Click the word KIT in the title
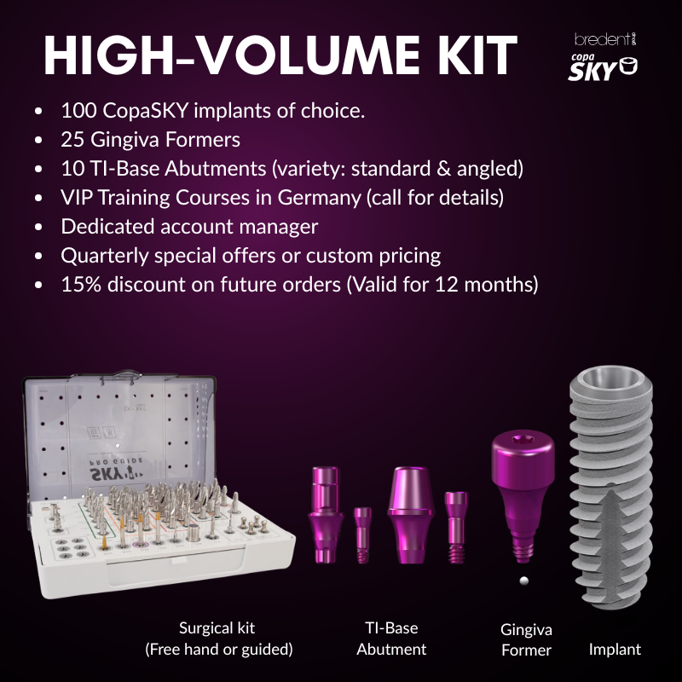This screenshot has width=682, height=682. click(x=477, y=55)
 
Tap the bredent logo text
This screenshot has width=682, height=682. click(x=605, y=39)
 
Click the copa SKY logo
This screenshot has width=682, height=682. click(x=603, y=68)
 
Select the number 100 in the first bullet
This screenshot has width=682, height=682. click(x=78, y=111)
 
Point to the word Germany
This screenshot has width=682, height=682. click(x=319, y=198)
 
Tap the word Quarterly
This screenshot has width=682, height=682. click(x=104, y=256)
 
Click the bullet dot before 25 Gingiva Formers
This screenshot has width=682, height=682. click(x=38, y=140)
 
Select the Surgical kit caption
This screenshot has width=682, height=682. click(x=218, y=639)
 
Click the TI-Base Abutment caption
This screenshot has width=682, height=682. click(x=391, y=639)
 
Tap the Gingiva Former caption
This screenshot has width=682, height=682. click(x=526, y=640)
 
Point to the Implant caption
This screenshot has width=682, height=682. click(x=615, y=650)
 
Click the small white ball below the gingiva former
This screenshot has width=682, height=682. click(x=524, y=581)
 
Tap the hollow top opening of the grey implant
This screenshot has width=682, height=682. click(x=610, y=378)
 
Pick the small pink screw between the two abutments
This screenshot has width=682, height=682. click(x=363, y=535)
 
